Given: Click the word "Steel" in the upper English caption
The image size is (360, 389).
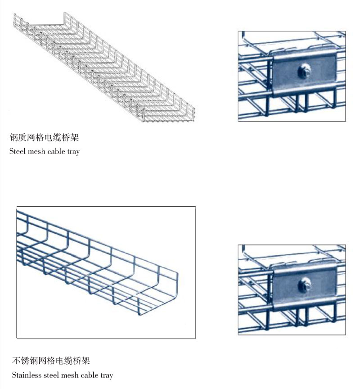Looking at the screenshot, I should tap(17, 152).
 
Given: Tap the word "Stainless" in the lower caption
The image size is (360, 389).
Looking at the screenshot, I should tap(25, 375).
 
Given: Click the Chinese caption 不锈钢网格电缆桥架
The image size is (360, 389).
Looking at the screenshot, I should tap(50, 361).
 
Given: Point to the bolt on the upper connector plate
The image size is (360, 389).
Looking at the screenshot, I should tap(304, 70).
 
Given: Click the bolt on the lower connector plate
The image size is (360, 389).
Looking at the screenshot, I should tap(304, 285).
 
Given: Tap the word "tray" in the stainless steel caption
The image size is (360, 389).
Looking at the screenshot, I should tap(106, 375).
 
